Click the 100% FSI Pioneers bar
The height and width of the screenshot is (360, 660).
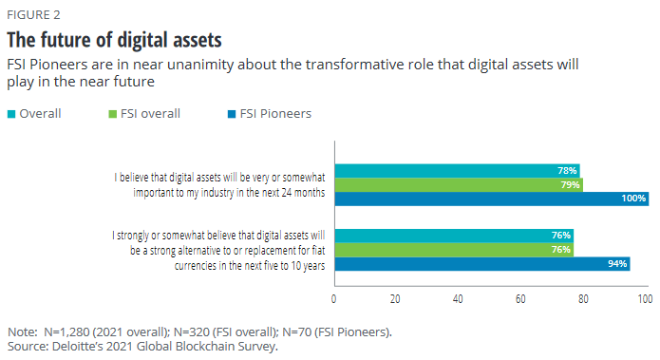tap(492, 199)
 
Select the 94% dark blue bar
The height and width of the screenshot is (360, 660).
tap(482, 264)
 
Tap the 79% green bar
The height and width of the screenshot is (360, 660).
tap(459, 185)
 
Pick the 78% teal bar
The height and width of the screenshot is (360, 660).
tap(457, 171)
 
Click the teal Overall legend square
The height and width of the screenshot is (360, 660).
tap(11, 114)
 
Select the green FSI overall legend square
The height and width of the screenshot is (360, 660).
tap(112, 114)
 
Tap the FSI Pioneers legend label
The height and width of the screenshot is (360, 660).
tap(275, 114)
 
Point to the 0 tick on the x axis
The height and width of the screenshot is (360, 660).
tap(333, 299)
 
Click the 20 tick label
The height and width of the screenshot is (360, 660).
tap(395, 299)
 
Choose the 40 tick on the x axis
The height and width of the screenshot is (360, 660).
tap(458, 299)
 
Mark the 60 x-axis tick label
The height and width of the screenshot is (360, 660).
tap(520, 299)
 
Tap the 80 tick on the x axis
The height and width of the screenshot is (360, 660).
tap(583, 299)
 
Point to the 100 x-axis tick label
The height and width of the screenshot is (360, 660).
tap(645, 299)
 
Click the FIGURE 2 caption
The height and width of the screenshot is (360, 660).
tap(33, 15)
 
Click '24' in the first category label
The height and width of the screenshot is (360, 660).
tap(286, 193)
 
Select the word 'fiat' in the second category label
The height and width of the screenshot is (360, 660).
tap(319, 251)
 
